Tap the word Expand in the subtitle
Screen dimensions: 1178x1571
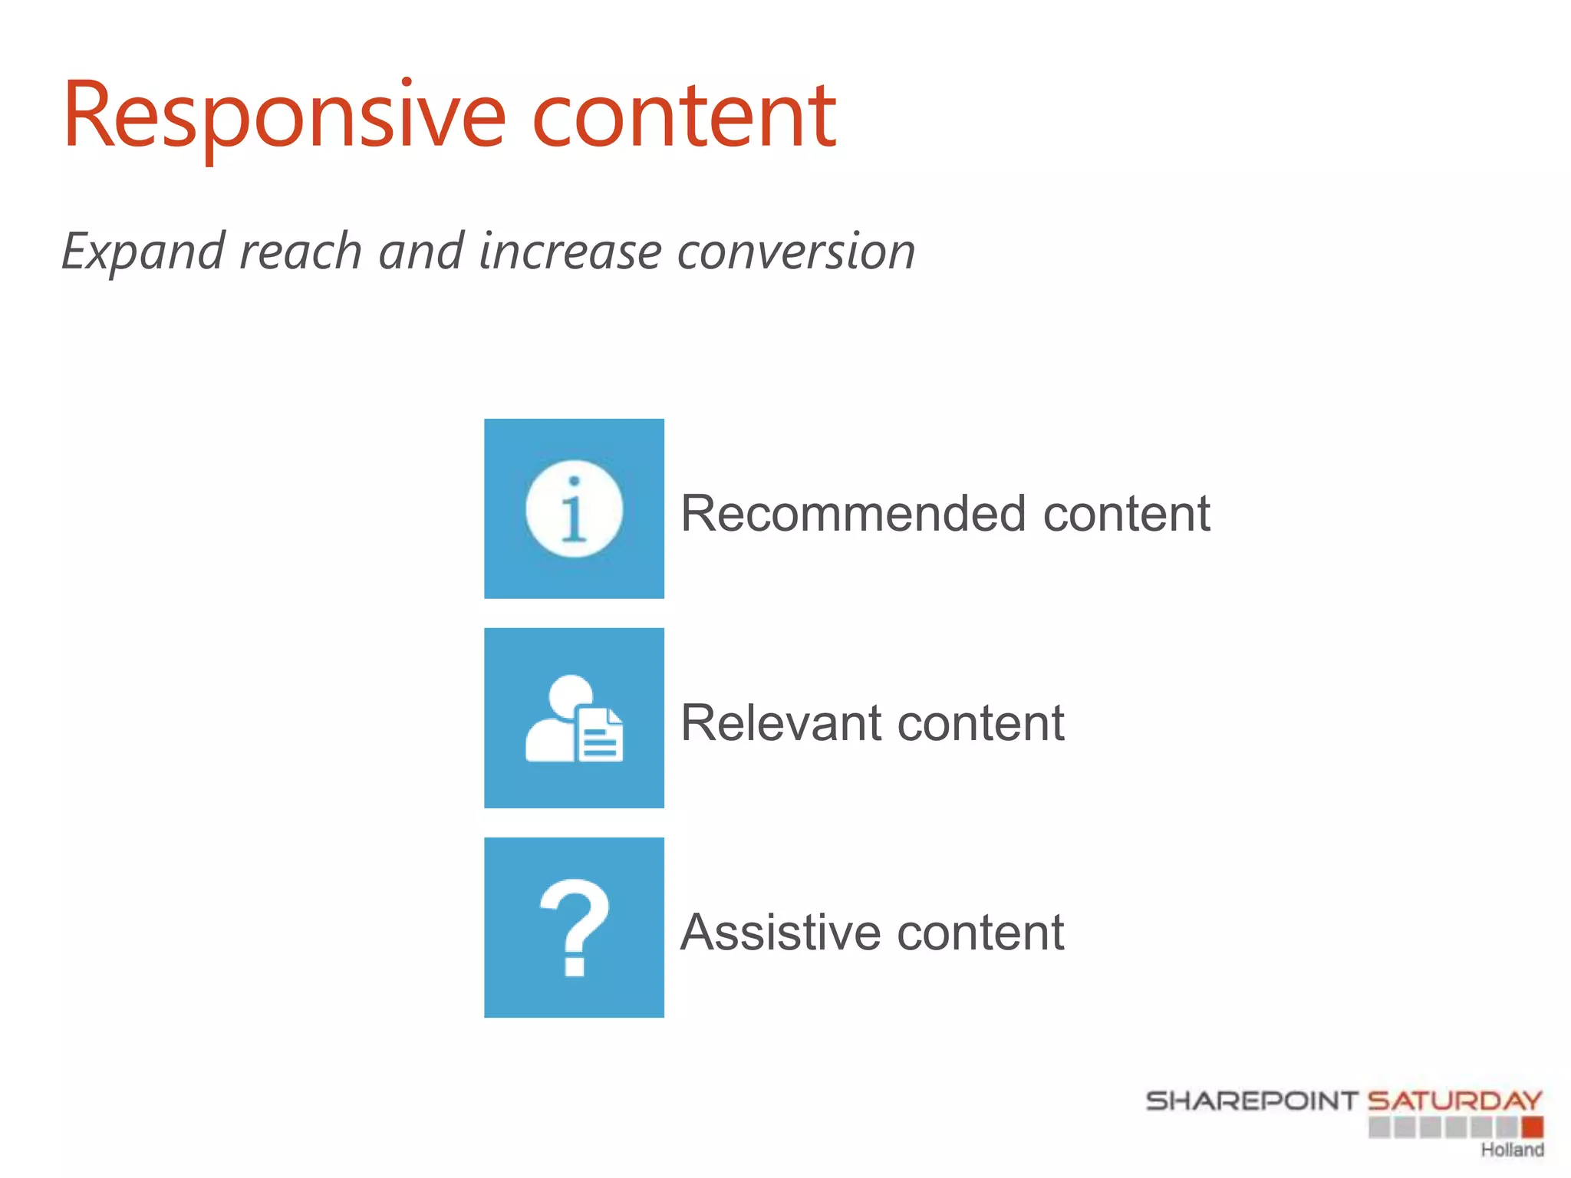143,252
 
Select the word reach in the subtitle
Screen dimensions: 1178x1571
300,252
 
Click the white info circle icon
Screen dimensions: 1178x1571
574,509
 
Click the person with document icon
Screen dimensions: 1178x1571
574,719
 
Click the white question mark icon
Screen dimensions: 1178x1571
574,928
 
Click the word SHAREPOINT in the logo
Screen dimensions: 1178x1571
1252,1101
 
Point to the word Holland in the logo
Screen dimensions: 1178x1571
1512,1150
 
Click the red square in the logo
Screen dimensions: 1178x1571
1533,1127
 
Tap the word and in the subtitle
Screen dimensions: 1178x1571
421,252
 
